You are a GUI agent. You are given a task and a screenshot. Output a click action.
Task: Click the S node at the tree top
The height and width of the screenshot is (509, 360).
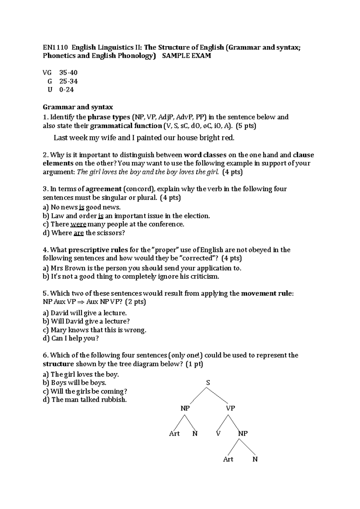pos(208,383)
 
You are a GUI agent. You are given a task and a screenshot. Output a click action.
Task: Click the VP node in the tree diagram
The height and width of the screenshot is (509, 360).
pos(230,408)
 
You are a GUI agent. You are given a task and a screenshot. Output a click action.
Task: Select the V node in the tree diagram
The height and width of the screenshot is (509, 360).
pos(218,433)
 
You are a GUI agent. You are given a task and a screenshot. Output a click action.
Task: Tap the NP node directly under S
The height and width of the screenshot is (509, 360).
pos(185,408)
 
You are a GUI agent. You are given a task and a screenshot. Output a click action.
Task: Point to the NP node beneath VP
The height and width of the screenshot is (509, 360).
pos(243,433)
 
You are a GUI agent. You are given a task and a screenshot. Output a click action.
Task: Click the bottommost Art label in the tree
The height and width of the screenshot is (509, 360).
pos(228,459)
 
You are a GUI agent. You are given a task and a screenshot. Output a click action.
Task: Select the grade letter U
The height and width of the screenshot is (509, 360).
pos(50,90)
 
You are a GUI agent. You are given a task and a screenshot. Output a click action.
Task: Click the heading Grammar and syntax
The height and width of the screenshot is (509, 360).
pos(78,107)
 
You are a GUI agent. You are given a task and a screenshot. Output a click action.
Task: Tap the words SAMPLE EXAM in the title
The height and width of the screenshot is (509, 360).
pos(186,56)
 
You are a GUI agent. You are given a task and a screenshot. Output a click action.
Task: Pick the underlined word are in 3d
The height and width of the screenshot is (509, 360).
pos(78,233)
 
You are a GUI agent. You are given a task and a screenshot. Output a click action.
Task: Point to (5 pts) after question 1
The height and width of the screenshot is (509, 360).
pos(246,126)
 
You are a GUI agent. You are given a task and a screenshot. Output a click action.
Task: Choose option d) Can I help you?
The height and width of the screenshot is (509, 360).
pos(71,338)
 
